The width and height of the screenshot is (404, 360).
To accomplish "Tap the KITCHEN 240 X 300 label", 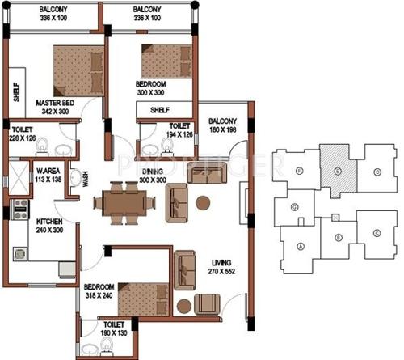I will click(30, 225).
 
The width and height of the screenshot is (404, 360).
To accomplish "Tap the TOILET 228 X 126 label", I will click(22, 133).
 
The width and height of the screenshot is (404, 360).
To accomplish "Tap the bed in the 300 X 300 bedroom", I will click(166, 61).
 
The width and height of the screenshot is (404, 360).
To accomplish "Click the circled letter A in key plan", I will click(301, 246).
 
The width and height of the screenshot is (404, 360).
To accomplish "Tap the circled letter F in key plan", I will click(298, 172).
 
